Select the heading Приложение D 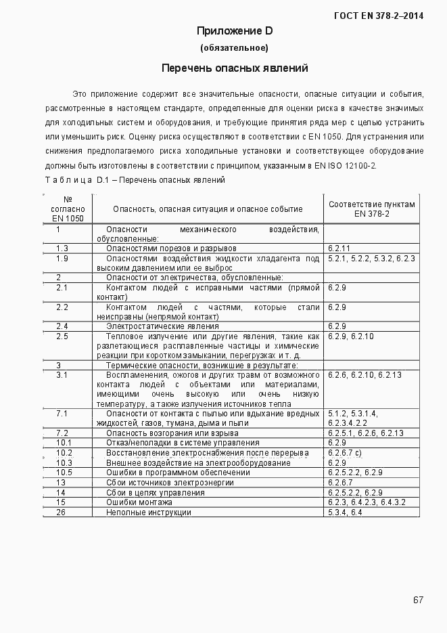click(x=235, y=31)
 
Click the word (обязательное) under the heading click(x=235, y=48)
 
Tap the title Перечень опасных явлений click(x=235, y=68)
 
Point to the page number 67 click(x=418, y=599)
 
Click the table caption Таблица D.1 click(x=134, y=180)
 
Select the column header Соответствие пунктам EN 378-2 click(x=371, y=209)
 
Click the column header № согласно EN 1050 click(x=68, y=209)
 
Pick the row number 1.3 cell click(x=62, y=248)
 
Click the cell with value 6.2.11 click(x=339, y=248)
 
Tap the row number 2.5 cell click(x=62, y=336)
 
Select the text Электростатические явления click(x=162, y=326)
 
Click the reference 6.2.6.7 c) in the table click(x=345, y=452)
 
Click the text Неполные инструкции click(x=148, y=512)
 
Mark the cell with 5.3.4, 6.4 click(x=345, y=512)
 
